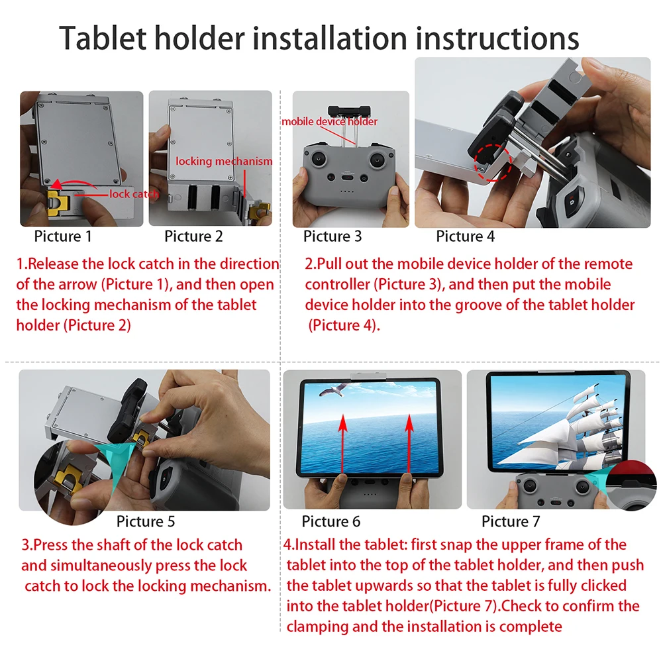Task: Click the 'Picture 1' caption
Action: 63,236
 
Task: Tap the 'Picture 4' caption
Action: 465,236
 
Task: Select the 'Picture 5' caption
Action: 146,521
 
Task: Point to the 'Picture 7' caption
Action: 511,521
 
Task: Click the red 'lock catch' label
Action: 134,193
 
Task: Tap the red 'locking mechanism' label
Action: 224,161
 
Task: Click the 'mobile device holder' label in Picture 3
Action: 329,122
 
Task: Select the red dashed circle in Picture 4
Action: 493,163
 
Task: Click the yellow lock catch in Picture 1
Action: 57,202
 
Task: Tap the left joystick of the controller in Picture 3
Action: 319,160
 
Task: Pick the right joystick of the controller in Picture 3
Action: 377,160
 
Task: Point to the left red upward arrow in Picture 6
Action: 343,444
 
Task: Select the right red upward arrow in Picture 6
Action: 409,444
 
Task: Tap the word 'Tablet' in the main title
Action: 103,38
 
